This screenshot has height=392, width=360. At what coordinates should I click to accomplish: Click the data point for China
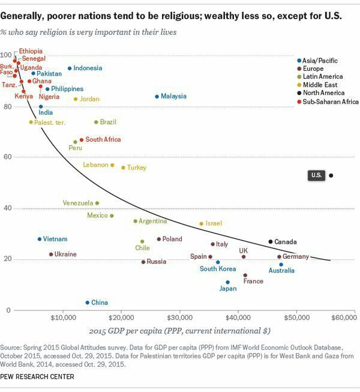87,303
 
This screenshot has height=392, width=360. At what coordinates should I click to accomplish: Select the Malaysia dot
157,96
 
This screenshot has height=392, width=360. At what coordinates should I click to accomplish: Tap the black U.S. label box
316,175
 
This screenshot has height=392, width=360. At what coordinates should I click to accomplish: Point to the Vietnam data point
40,239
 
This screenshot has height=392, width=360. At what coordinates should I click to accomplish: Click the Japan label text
227,289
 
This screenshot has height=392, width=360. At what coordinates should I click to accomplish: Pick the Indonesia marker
70,68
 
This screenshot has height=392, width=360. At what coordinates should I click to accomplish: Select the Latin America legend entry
324,76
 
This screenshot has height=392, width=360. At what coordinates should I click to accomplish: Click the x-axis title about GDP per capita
179,331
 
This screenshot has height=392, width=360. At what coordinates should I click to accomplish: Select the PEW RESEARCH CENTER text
37,377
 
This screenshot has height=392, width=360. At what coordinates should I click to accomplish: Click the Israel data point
201,224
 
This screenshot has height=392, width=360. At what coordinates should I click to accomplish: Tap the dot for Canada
270,241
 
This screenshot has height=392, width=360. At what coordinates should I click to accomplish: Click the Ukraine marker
51,254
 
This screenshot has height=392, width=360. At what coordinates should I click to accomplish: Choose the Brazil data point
96,122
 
